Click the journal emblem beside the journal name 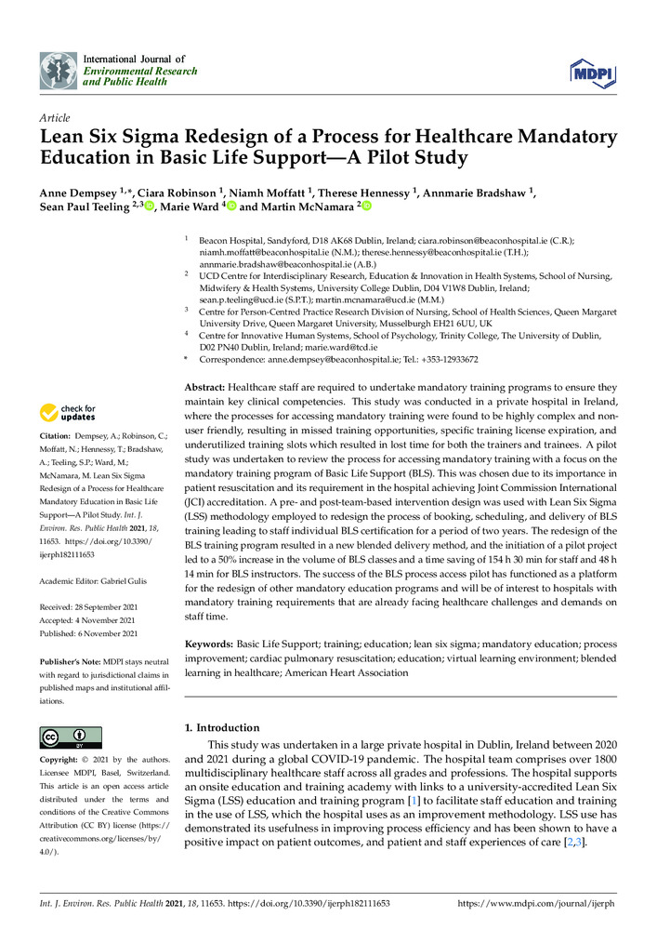pos(58,70)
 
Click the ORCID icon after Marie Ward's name pos(231,206)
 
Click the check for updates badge pos(69,412)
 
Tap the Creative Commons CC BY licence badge pos(71,737)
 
